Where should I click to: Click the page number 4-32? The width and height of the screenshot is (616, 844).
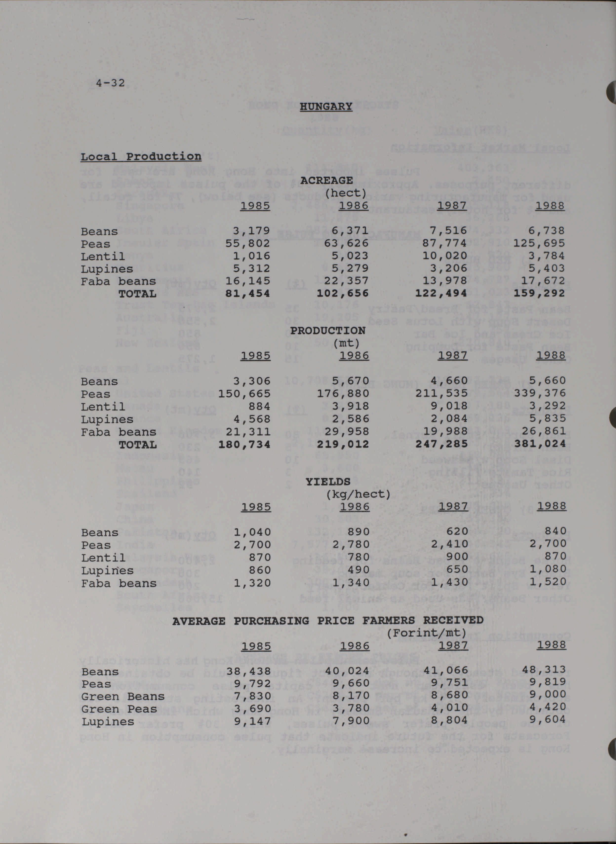coord(110,83)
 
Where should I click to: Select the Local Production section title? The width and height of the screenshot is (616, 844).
coord(141,156)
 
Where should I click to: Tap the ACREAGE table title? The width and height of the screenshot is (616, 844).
coord(326,180)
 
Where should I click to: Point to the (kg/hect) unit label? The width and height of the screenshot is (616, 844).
coord(358,494)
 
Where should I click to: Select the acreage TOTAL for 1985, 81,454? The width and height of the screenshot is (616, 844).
coord(247,293)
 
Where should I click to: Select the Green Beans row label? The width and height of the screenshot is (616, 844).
coord(123,696)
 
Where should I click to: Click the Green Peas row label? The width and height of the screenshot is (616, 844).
coord(119,709)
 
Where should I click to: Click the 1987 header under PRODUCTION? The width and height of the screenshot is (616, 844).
coord(453,355)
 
